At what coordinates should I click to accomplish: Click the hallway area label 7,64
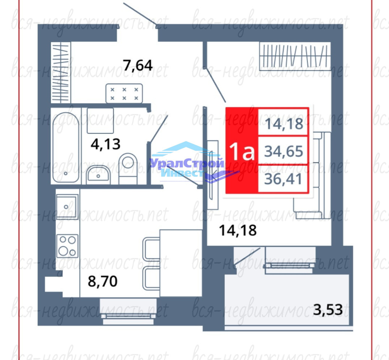138,65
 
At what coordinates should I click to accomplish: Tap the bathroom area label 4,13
105,144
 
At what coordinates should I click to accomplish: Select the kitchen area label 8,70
103,281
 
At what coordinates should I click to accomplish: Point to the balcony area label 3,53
328,310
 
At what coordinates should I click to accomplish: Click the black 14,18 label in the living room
238,230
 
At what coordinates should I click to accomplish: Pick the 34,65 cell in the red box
284,151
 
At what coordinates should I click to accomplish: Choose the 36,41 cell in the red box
283,179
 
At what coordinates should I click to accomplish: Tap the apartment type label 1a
242,151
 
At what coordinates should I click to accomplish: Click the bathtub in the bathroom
66,147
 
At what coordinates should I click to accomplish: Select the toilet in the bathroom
128,169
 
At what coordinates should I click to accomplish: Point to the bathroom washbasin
98,175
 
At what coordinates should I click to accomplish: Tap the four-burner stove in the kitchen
67,246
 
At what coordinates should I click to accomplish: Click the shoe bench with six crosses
124,93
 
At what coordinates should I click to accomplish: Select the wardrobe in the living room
295,56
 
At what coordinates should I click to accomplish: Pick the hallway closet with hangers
61,72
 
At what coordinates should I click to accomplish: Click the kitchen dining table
181,263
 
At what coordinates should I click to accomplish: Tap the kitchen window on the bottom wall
128,311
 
